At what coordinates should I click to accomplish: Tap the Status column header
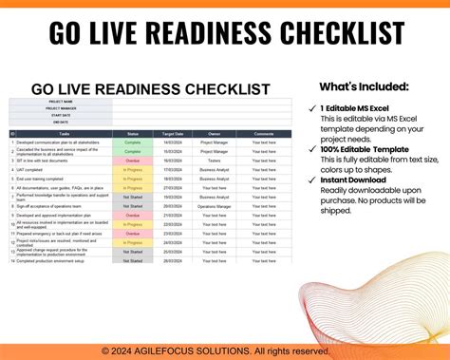(133, 133)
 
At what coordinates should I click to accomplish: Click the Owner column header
(214, 133)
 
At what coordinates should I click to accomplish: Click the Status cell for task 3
(133, 161)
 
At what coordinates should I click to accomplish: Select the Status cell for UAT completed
(133, 169)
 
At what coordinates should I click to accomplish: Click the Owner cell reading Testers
(214, 161)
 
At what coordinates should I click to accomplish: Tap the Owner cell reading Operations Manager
(214, 205)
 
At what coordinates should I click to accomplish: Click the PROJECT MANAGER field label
(61, 108)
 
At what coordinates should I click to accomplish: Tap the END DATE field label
(61, 121)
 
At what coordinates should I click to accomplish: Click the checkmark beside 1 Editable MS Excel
(313, 108)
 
